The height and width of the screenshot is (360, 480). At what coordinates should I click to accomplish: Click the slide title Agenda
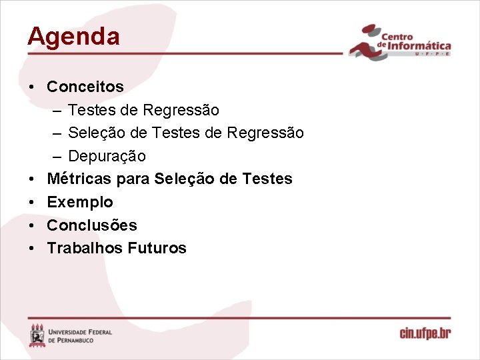[x=73, y=36]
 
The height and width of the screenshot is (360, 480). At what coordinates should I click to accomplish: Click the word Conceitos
[x=85, y=87]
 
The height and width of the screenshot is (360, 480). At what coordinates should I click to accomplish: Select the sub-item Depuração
[x=107, y=156]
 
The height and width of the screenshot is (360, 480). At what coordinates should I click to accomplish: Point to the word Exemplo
[x=80, y=202]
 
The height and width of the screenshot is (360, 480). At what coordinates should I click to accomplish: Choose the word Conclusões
[x=92, y=225]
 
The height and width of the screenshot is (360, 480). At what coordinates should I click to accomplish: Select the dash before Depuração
[x=57, y=156]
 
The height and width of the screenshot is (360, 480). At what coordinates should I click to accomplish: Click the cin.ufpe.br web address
[x=425, y=333]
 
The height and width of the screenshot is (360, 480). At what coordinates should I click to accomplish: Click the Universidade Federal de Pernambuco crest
[x=37, y=335]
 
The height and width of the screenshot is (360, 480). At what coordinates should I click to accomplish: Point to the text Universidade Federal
[x=81, y=331]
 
